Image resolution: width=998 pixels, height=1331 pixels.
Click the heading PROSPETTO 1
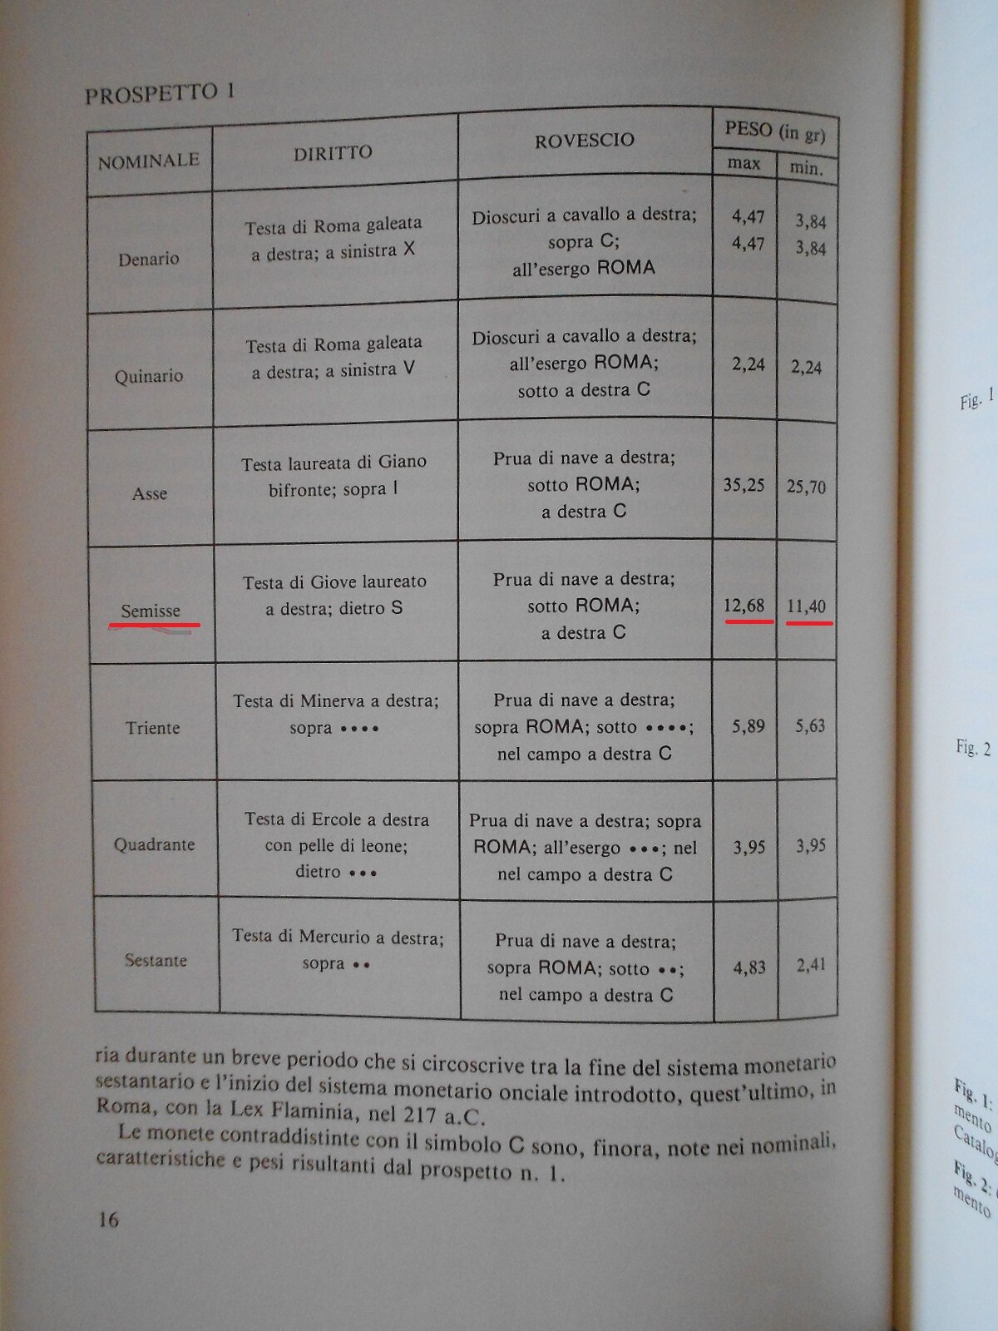pos(159,92)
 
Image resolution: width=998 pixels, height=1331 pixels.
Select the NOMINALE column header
pos(148,161)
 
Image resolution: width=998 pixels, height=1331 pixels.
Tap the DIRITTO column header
pos(333,152)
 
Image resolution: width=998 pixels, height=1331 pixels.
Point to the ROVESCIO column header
pos(584,141)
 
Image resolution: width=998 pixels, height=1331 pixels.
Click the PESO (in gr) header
pos(774,131)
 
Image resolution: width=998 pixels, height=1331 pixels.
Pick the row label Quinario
pos(149,376)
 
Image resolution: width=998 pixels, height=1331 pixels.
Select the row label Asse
pos(150,493)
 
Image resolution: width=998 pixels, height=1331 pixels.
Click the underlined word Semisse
pos(151,611)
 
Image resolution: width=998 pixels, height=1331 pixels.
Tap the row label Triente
pos(152,728)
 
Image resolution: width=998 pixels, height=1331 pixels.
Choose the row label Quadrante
pos(154,844)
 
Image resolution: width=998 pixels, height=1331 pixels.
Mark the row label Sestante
pos(156,960)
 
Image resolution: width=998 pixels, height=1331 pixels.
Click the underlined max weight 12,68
pos(744,605)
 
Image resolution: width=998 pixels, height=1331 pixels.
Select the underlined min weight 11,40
pos(807,606)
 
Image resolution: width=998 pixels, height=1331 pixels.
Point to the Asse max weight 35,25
pos(744,485)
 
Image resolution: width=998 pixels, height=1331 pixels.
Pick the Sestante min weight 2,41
pos(810,965)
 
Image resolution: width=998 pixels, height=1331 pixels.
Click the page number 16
pos(108,1220)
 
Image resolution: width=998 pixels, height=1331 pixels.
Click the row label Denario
pos(148,259)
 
